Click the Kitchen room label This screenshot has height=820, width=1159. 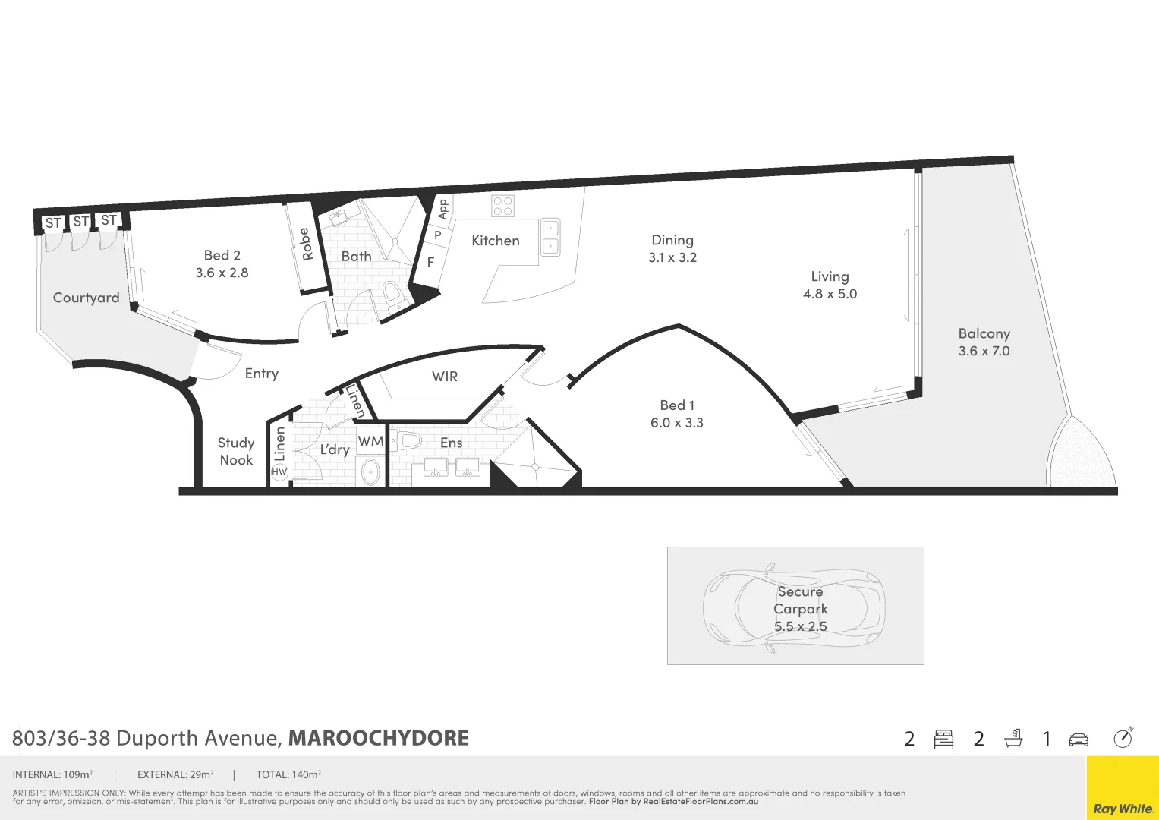tap(496, 241)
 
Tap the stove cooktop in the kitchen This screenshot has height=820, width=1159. tap(502, 206)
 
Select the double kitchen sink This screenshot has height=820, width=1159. tap(550, 237)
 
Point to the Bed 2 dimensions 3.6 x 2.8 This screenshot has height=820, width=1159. tap(222, 273)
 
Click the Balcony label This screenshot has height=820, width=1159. tap(984, 333)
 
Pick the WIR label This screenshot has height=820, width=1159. tap(445, 377)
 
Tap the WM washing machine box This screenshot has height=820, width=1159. tap(371, 441)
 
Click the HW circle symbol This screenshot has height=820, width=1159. tap(279, 472)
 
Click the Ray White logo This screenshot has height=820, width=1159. tap(1123, 808)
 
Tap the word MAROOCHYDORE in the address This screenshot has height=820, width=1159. tap(379, 738)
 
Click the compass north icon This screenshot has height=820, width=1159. tap(1123, 738)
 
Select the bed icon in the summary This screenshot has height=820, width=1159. tap(943, 739)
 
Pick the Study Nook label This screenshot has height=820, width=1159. tap(236, 451)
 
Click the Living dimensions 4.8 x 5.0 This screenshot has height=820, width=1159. tap(830, 294)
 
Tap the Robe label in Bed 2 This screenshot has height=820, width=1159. tap(306, 244)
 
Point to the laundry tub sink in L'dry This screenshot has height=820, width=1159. tap(370, 471)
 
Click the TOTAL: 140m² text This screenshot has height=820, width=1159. tap(288, 775)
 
